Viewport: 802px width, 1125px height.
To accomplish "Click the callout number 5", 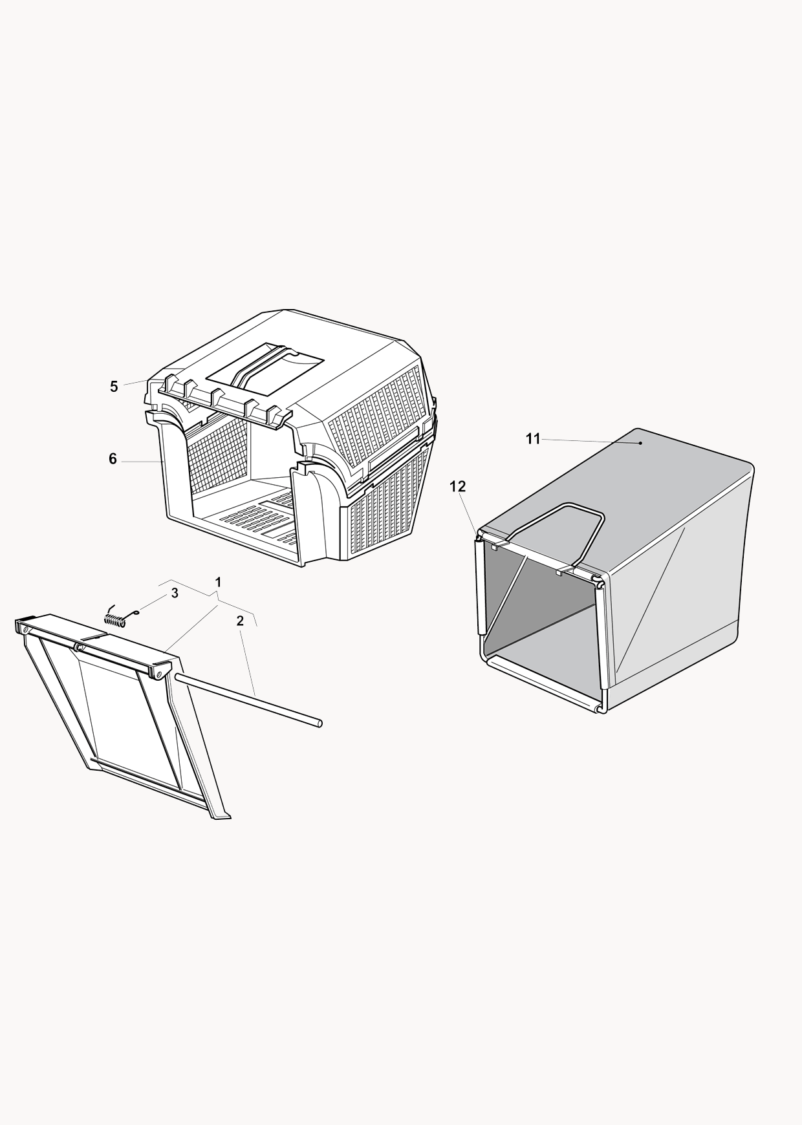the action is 114,387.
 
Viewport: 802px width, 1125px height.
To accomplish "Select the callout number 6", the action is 113,459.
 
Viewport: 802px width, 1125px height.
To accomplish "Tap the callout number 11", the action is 533,440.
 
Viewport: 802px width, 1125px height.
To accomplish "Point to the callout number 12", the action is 458,486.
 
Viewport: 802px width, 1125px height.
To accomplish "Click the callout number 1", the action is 219,582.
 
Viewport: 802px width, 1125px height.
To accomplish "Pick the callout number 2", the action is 240,621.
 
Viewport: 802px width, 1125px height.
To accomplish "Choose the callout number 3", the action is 175,594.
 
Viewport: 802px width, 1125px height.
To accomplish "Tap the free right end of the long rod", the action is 320,724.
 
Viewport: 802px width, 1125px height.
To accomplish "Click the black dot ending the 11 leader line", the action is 640,443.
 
